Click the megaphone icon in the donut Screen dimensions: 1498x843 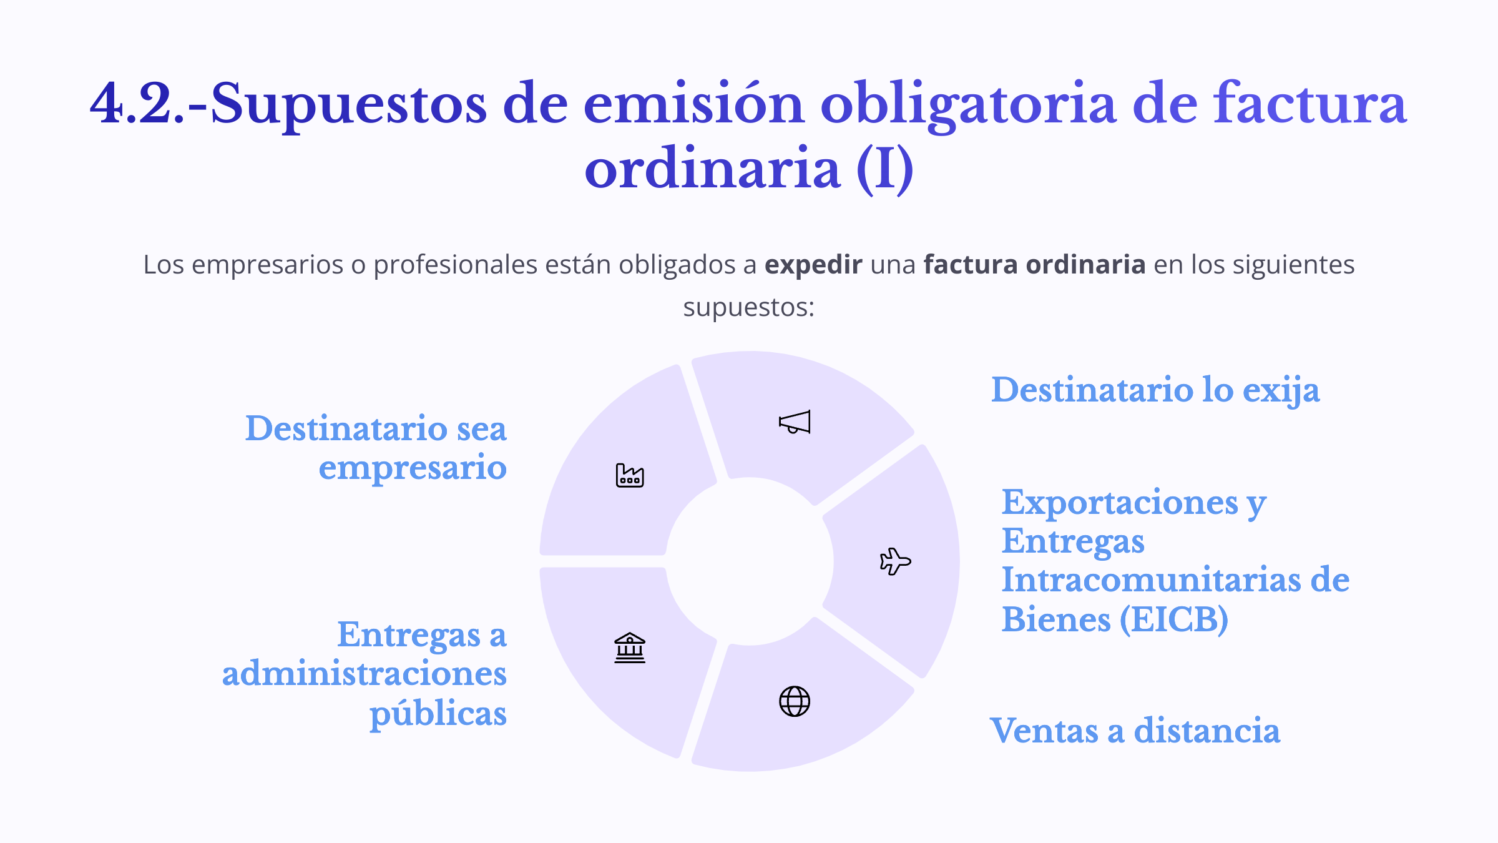(x=795, y=422)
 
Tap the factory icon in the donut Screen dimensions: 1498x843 (x=630, y=475)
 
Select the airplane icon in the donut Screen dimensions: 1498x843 (x=896, y=561)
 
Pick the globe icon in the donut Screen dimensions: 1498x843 (x=795, y=701)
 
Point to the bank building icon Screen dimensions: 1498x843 (x=630, y=648)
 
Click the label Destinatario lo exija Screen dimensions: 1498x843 (x=1155, y=391)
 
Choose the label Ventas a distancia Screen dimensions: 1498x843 (x=1135, y=731)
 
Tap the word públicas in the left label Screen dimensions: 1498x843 (x=438, y=714)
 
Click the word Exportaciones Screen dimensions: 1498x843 (x=1120, y=503)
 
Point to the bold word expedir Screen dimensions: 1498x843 (x=813, y=265)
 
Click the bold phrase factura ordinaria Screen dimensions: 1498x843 (x=1034, y=265)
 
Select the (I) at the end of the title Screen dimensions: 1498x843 (x=885, y=169)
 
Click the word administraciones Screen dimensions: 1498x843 (x=365, y=674)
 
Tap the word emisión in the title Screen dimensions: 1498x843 (x=693, y=104)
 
